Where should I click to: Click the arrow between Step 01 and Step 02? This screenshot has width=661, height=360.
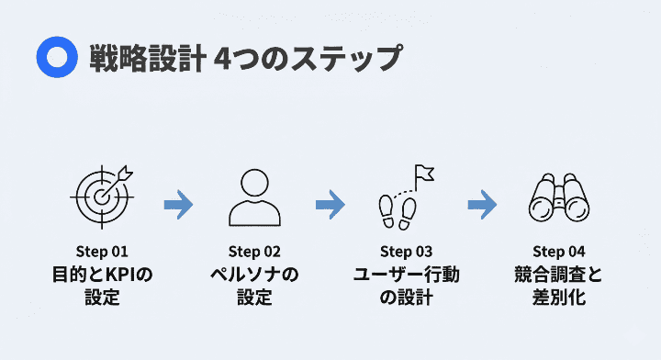[x=178, y=204]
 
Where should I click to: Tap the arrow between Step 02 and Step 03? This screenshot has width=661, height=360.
[x=330, y=204]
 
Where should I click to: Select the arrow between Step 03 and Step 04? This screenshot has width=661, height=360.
[x=481, y=204]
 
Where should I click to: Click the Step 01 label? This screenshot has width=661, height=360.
[x=102, y=252]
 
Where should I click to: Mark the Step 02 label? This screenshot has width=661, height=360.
[x=254, y=252]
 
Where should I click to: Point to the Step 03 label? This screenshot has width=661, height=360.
[x=406, y=252]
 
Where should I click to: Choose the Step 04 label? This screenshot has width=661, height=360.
[x=558, y=252]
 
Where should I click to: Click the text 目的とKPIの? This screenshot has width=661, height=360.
[x=102, y=275]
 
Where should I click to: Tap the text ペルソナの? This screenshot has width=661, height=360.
[x=254, y=275]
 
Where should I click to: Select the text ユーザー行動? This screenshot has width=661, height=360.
[x=406, y=275]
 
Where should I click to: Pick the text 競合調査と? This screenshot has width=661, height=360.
[x=558, y=275]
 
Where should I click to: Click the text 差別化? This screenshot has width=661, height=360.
[x=558, y=298]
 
